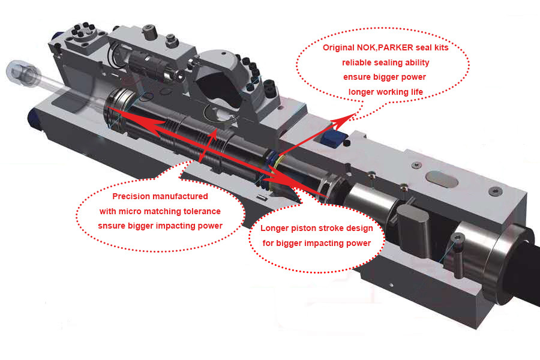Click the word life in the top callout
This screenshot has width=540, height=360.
[417, 92]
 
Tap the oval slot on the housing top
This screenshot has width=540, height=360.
[442, 179]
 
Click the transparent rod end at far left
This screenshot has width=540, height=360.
[20, 73]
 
